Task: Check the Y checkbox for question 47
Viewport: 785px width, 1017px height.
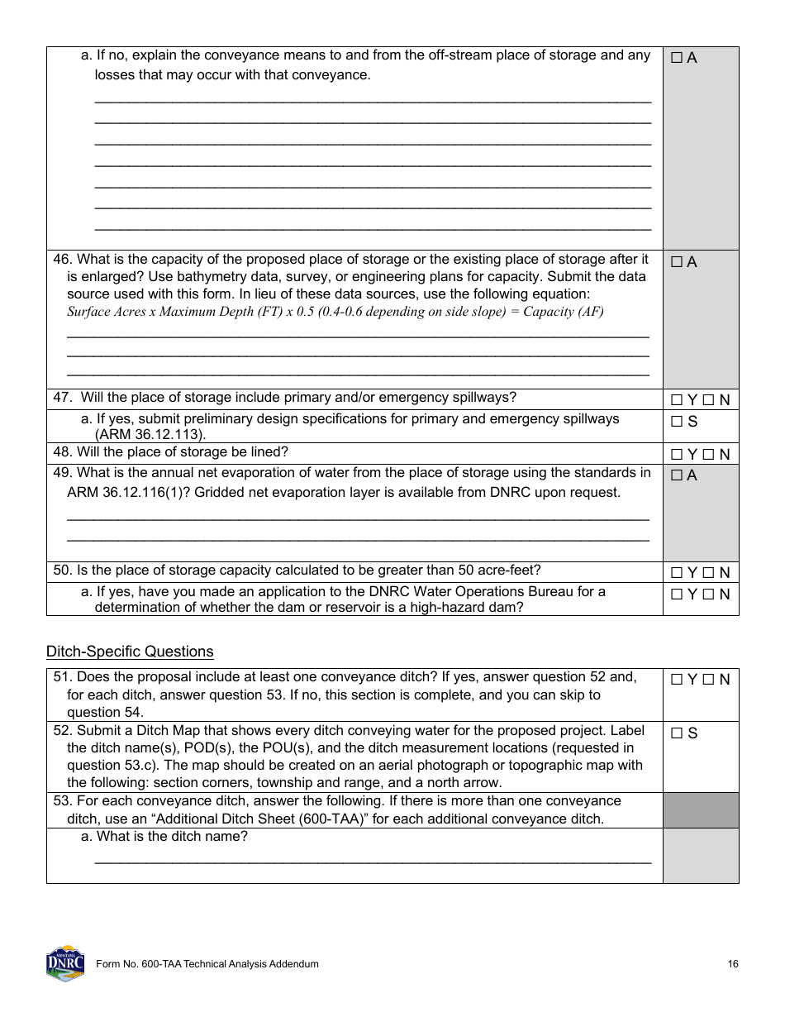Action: click(677, 400)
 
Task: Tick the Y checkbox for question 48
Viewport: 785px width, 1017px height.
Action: click(677, 454)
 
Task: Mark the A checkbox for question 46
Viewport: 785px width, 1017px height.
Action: click(677, 262)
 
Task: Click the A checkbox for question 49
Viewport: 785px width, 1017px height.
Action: click(677, 475)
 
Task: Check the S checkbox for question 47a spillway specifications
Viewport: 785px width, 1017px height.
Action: click(677, 422)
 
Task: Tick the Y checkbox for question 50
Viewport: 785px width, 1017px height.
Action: click(677, 572)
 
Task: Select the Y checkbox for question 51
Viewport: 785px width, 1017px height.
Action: click(677, 680)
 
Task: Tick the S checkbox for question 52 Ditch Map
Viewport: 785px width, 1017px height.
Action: click(677, 733)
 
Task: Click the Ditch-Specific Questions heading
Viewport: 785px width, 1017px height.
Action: click(130, 652)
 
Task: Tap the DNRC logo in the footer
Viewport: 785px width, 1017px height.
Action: click(65, 963)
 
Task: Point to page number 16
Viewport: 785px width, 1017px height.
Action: click(733, 964)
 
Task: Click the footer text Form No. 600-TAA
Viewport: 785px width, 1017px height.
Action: click(207, 964)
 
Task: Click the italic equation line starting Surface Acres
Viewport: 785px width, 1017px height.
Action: click(335, 312)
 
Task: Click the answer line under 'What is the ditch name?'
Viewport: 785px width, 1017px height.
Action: click(373, 862)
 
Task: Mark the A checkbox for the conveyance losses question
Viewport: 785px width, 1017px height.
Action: click(677, 58)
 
